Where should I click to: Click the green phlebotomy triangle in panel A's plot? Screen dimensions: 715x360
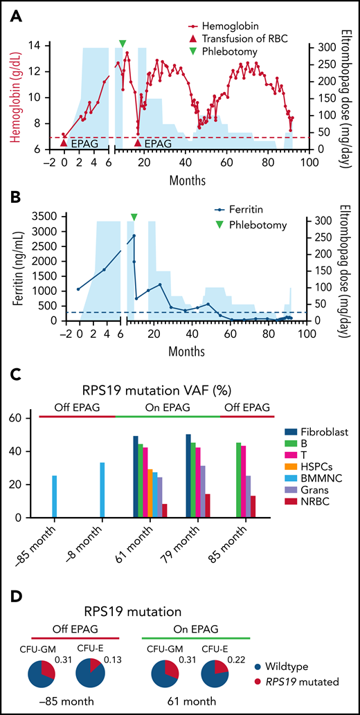click(x=123, y=44)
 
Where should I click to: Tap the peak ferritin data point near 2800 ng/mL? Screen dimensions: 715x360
click(x=134, y=236)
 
